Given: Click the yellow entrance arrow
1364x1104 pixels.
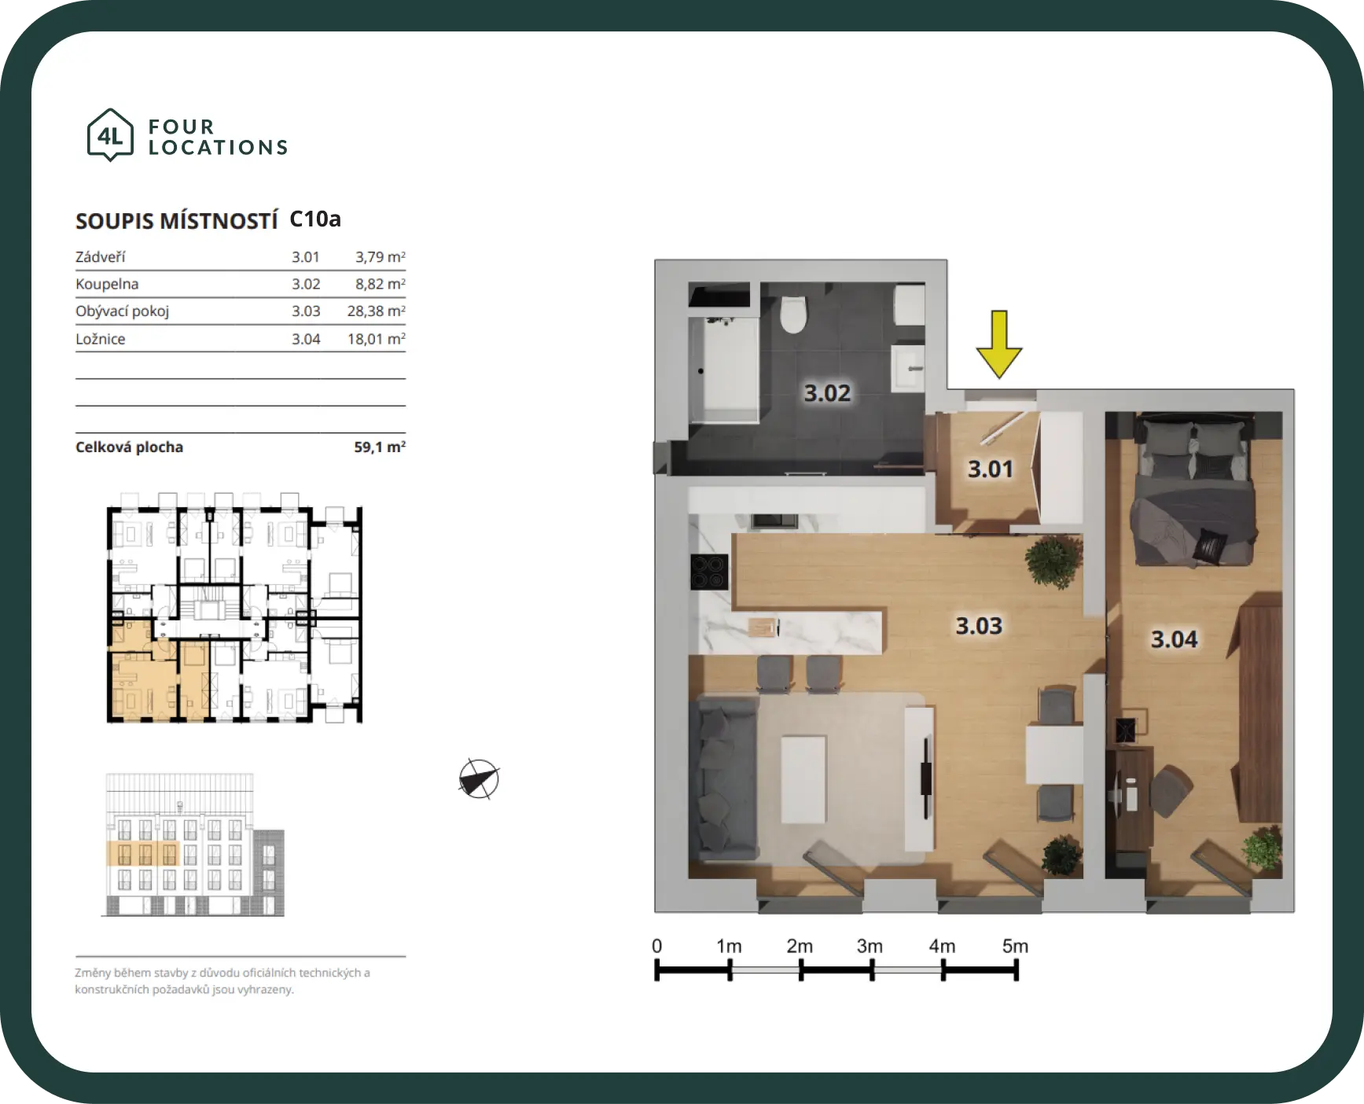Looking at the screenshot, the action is click(x=998, y=344).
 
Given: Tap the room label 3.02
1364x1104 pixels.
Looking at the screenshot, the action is click(x=827, y=392).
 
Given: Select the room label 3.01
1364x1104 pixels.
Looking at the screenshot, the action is click(x=991, y=469).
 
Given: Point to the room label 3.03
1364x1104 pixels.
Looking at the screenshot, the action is click(x=979, y=626).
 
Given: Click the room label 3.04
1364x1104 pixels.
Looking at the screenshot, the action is click(x=1175, y=639).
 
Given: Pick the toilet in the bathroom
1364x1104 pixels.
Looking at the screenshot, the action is click(x=793, y=314).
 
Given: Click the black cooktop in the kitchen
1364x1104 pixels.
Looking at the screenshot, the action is click(x=709, y=572).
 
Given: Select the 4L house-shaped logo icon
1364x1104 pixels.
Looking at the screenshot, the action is click(x=110, y=135).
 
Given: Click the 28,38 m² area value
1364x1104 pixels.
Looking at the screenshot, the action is click(x=377, y=311).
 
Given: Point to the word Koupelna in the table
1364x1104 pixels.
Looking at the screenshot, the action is click(x=107, y=284).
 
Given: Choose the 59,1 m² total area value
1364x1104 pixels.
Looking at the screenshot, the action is click(x=380, y=447).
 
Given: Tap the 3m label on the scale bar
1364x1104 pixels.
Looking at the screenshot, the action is click(x=870, y=946).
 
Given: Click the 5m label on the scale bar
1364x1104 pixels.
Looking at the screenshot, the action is click(x=1015, y=946).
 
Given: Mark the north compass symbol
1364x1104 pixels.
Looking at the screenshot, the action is click(x=479, y=779).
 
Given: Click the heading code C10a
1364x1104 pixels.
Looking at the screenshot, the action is click(x=315, y=219).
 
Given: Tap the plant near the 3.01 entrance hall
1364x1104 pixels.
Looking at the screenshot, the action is click(x=1053, y=560).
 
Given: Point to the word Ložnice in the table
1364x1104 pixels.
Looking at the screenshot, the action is click(x=101, y=339).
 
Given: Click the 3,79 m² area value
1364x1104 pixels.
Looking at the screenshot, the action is click(x=381, y=257).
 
